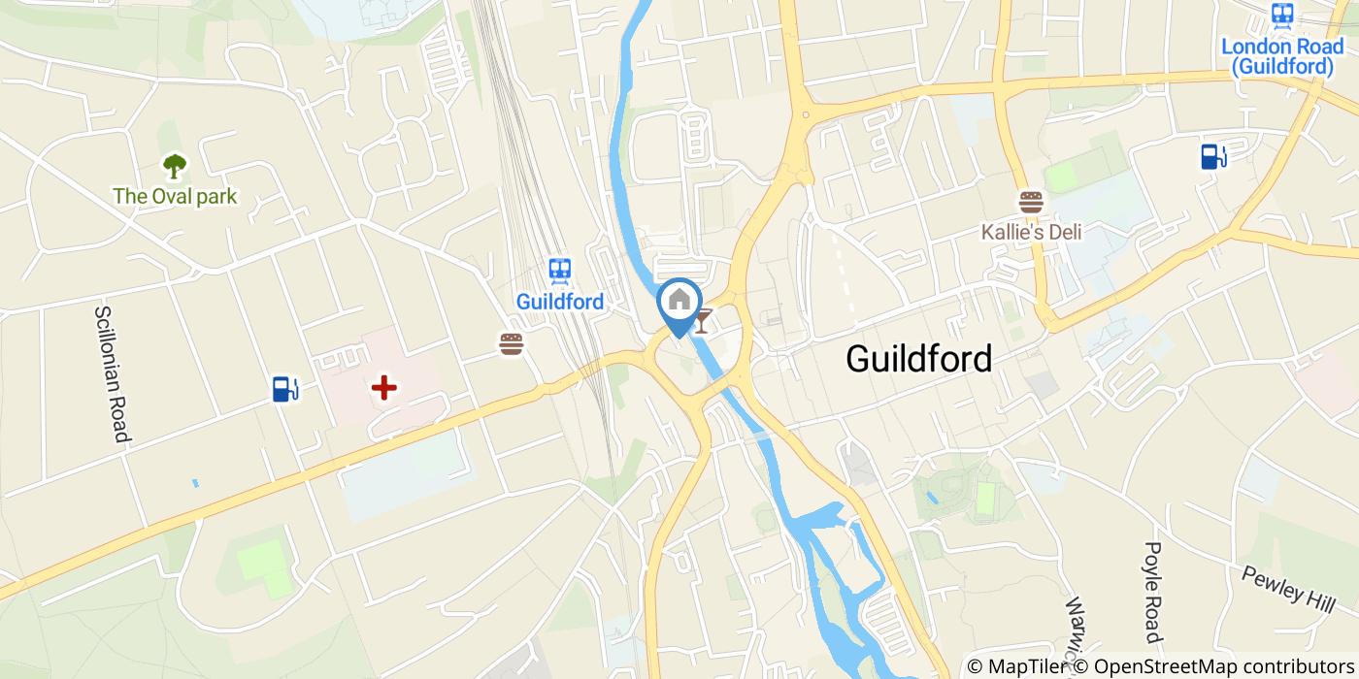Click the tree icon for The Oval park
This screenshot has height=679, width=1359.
pyautogui.click(x=175, y=167)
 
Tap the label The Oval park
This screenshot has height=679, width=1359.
pyautogui.click(x=175, y=197)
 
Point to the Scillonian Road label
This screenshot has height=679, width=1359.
pyautogui.click(x=112, y=374)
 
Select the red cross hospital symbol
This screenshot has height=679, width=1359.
pyautogui.click(x=384, y=389)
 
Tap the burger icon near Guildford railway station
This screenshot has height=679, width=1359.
pyautogui.click(x=512, y=343)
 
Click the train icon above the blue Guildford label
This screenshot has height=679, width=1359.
pyautogui.click(x=559, y=271)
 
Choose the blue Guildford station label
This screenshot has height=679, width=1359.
pyautogui.click(x=559, y=302)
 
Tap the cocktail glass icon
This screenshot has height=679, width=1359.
pyautogui.click(x=702, y=319)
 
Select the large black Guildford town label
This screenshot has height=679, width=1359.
pyautogui.click(x=918, y=359)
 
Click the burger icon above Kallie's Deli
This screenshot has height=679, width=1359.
pyautogui.click(x=1031, y=202)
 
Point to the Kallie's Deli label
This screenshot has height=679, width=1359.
pyautogui.click(x=1031, y=232)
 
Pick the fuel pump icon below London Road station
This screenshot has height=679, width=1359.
pyautogui.click(x=1213, y=155)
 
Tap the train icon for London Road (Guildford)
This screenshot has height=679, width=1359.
pyautogui.click(x=1282, y=15)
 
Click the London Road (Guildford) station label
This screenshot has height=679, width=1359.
pyautogui.click(x=1282, y=56)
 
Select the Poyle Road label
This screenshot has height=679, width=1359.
pyautogui.click(x=1153, y=593)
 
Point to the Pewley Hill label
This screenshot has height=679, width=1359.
pyautogui.click(x=1288, y=587)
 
